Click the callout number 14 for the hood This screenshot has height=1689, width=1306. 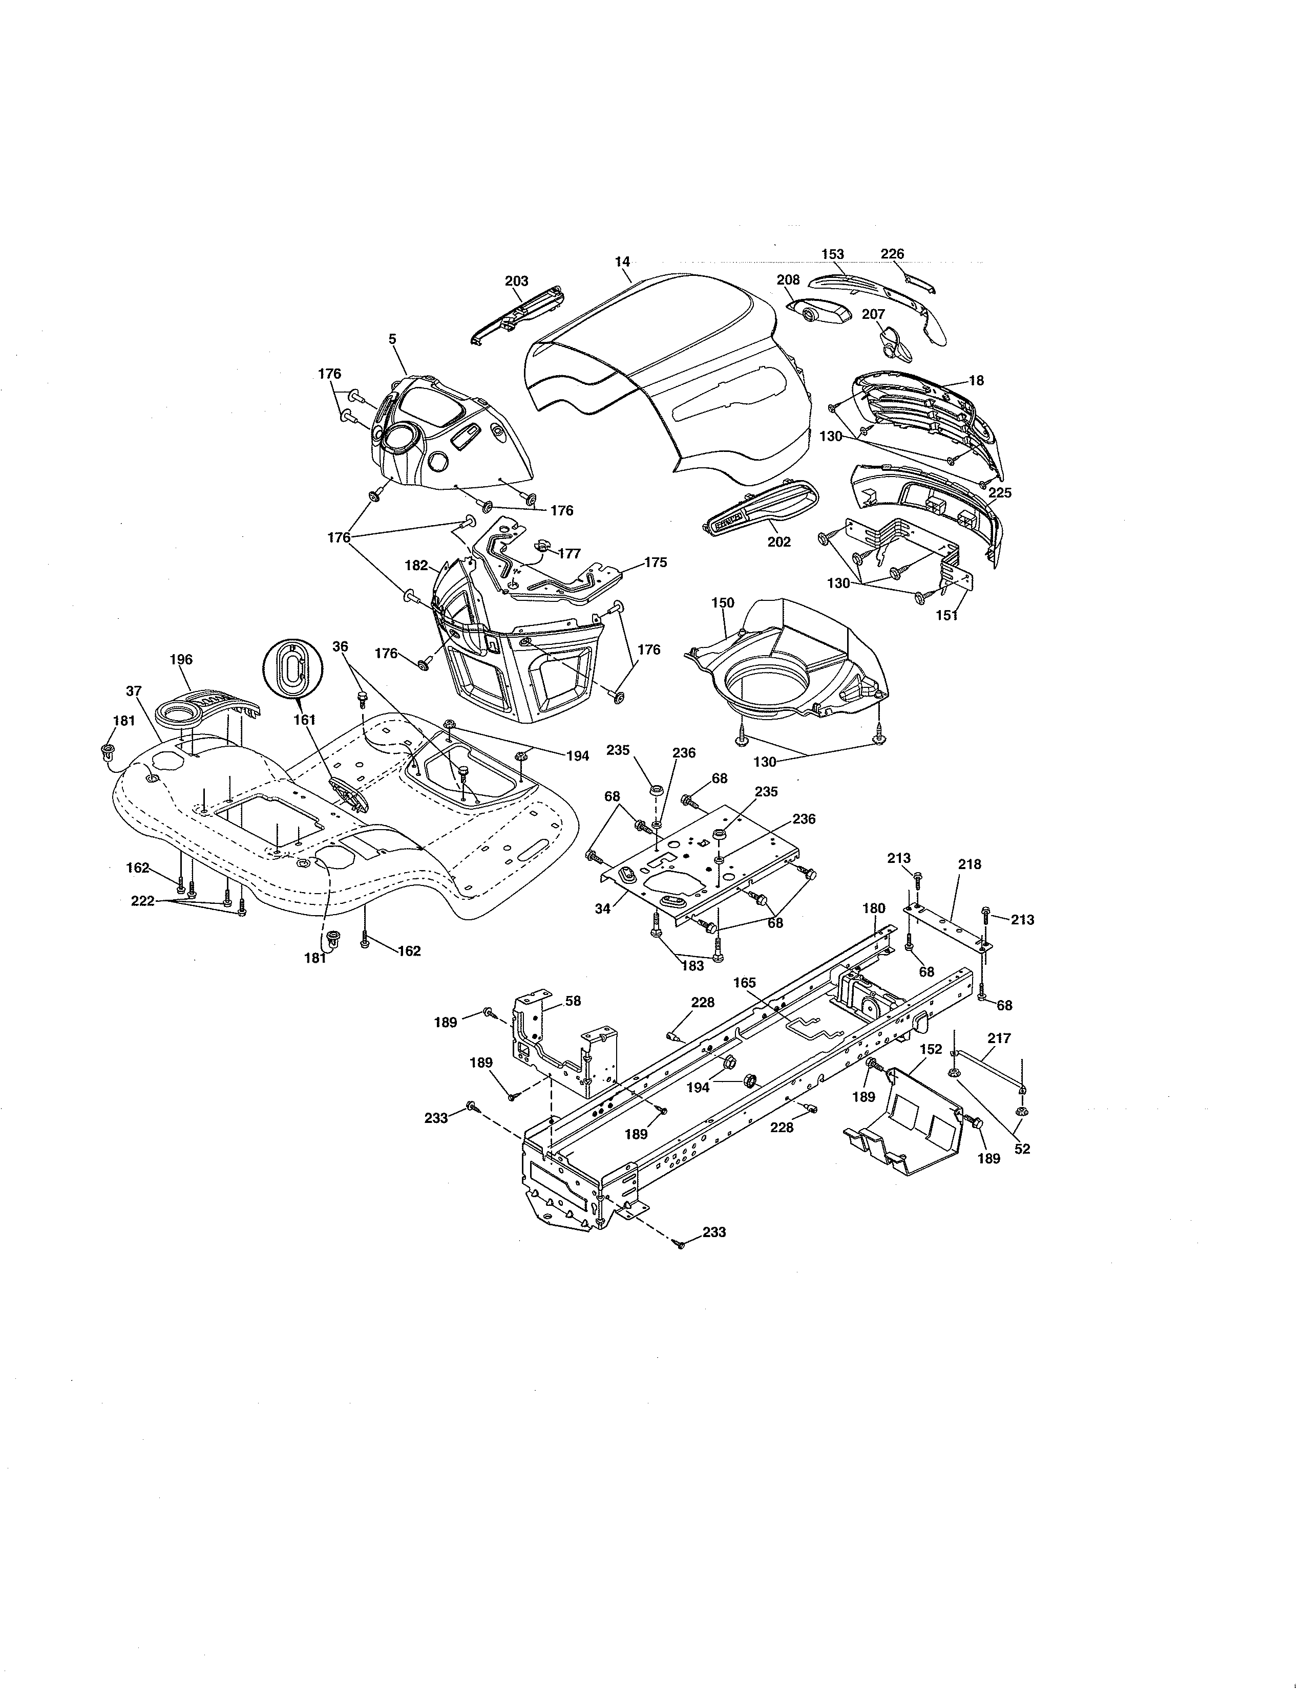click(623, 262)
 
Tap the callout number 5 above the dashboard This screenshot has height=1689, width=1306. click(392, 339)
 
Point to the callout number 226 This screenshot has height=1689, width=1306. click(892, 254)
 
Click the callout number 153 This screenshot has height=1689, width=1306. click(832, 254)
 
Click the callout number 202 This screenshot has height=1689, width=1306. click(778, 542)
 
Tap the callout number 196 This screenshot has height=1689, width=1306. click(181, 660)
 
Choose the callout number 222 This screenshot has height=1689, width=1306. click(142, 901)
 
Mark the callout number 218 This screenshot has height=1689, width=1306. click(970, 864)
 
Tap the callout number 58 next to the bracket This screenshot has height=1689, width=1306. click(573, 1001)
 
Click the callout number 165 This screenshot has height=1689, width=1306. click(744, 982)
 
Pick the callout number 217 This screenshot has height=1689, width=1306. click(999, 1038)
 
